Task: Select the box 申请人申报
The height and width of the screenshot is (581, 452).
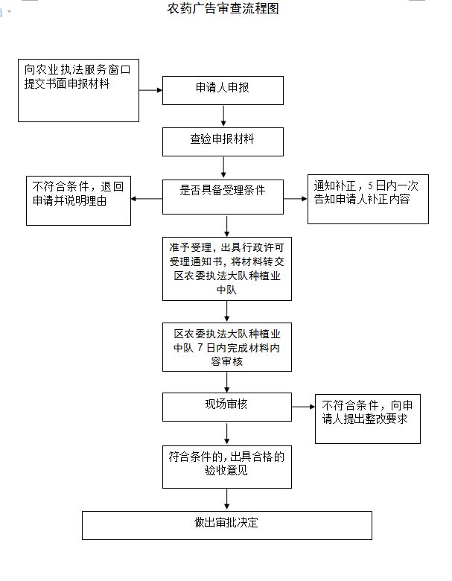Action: (223, 90)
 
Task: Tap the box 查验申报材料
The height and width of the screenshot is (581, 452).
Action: (223, 142)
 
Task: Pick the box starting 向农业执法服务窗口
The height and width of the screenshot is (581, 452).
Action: (79, 90)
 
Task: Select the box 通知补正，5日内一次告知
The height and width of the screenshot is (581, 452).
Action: (368, 199)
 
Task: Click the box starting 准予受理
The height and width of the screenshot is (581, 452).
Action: (226, 268)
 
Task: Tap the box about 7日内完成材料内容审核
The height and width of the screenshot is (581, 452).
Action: (226, 346)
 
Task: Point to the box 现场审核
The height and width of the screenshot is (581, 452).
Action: (226, 407)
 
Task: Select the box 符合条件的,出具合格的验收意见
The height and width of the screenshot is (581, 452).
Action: (226, 466)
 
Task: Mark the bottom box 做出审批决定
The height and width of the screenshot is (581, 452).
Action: (226, 525)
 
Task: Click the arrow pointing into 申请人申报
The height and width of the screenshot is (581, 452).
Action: (151, 90)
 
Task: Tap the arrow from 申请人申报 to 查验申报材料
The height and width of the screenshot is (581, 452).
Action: (223, 116)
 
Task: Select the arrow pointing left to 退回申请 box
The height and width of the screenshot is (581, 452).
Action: (147, 200)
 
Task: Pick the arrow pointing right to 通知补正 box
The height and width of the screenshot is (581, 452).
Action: (296, 200)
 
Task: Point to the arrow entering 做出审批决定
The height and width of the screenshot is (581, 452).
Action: (226, 501)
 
